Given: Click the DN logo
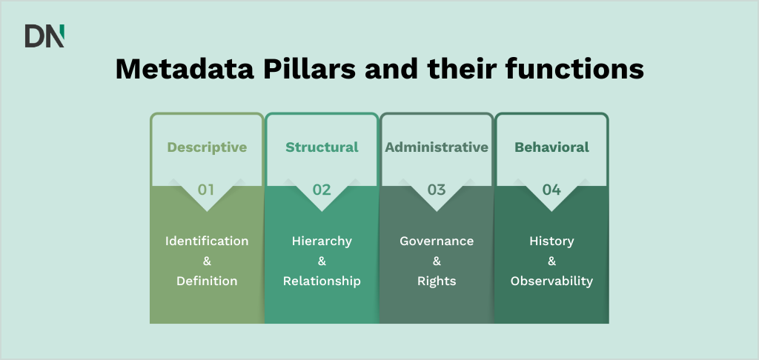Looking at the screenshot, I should (x=44, y=36).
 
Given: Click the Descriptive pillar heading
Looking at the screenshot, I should (x=207, y=147).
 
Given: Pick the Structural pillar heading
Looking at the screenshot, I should (x=322, y=147).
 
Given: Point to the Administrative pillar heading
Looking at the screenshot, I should (x=437, y=147).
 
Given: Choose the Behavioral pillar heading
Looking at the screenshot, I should (x=551, y=147).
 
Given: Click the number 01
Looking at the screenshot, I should (x=206, y=190).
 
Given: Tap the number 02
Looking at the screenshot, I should (x=322, y=190).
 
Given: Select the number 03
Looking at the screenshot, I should (x=437, y=190).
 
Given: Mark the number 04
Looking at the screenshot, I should (x=551, y=190).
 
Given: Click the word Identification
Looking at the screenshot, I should (x=207, y=241).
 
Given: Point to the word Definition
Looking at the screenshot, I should (x=207, y=281).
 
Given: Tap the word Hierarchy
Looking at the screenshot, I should (x=322, y=241).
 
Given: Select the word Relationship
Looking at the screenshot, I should (x=322, y=281).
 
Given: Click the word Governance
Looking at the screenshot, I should (x=437, y=241).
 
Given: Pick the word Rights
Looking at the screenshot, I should (x=437, y=281).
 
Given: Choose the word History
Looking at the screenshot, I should (x=551, y=241).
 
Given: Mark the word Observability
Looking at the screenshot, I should (x=551, y=281).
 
